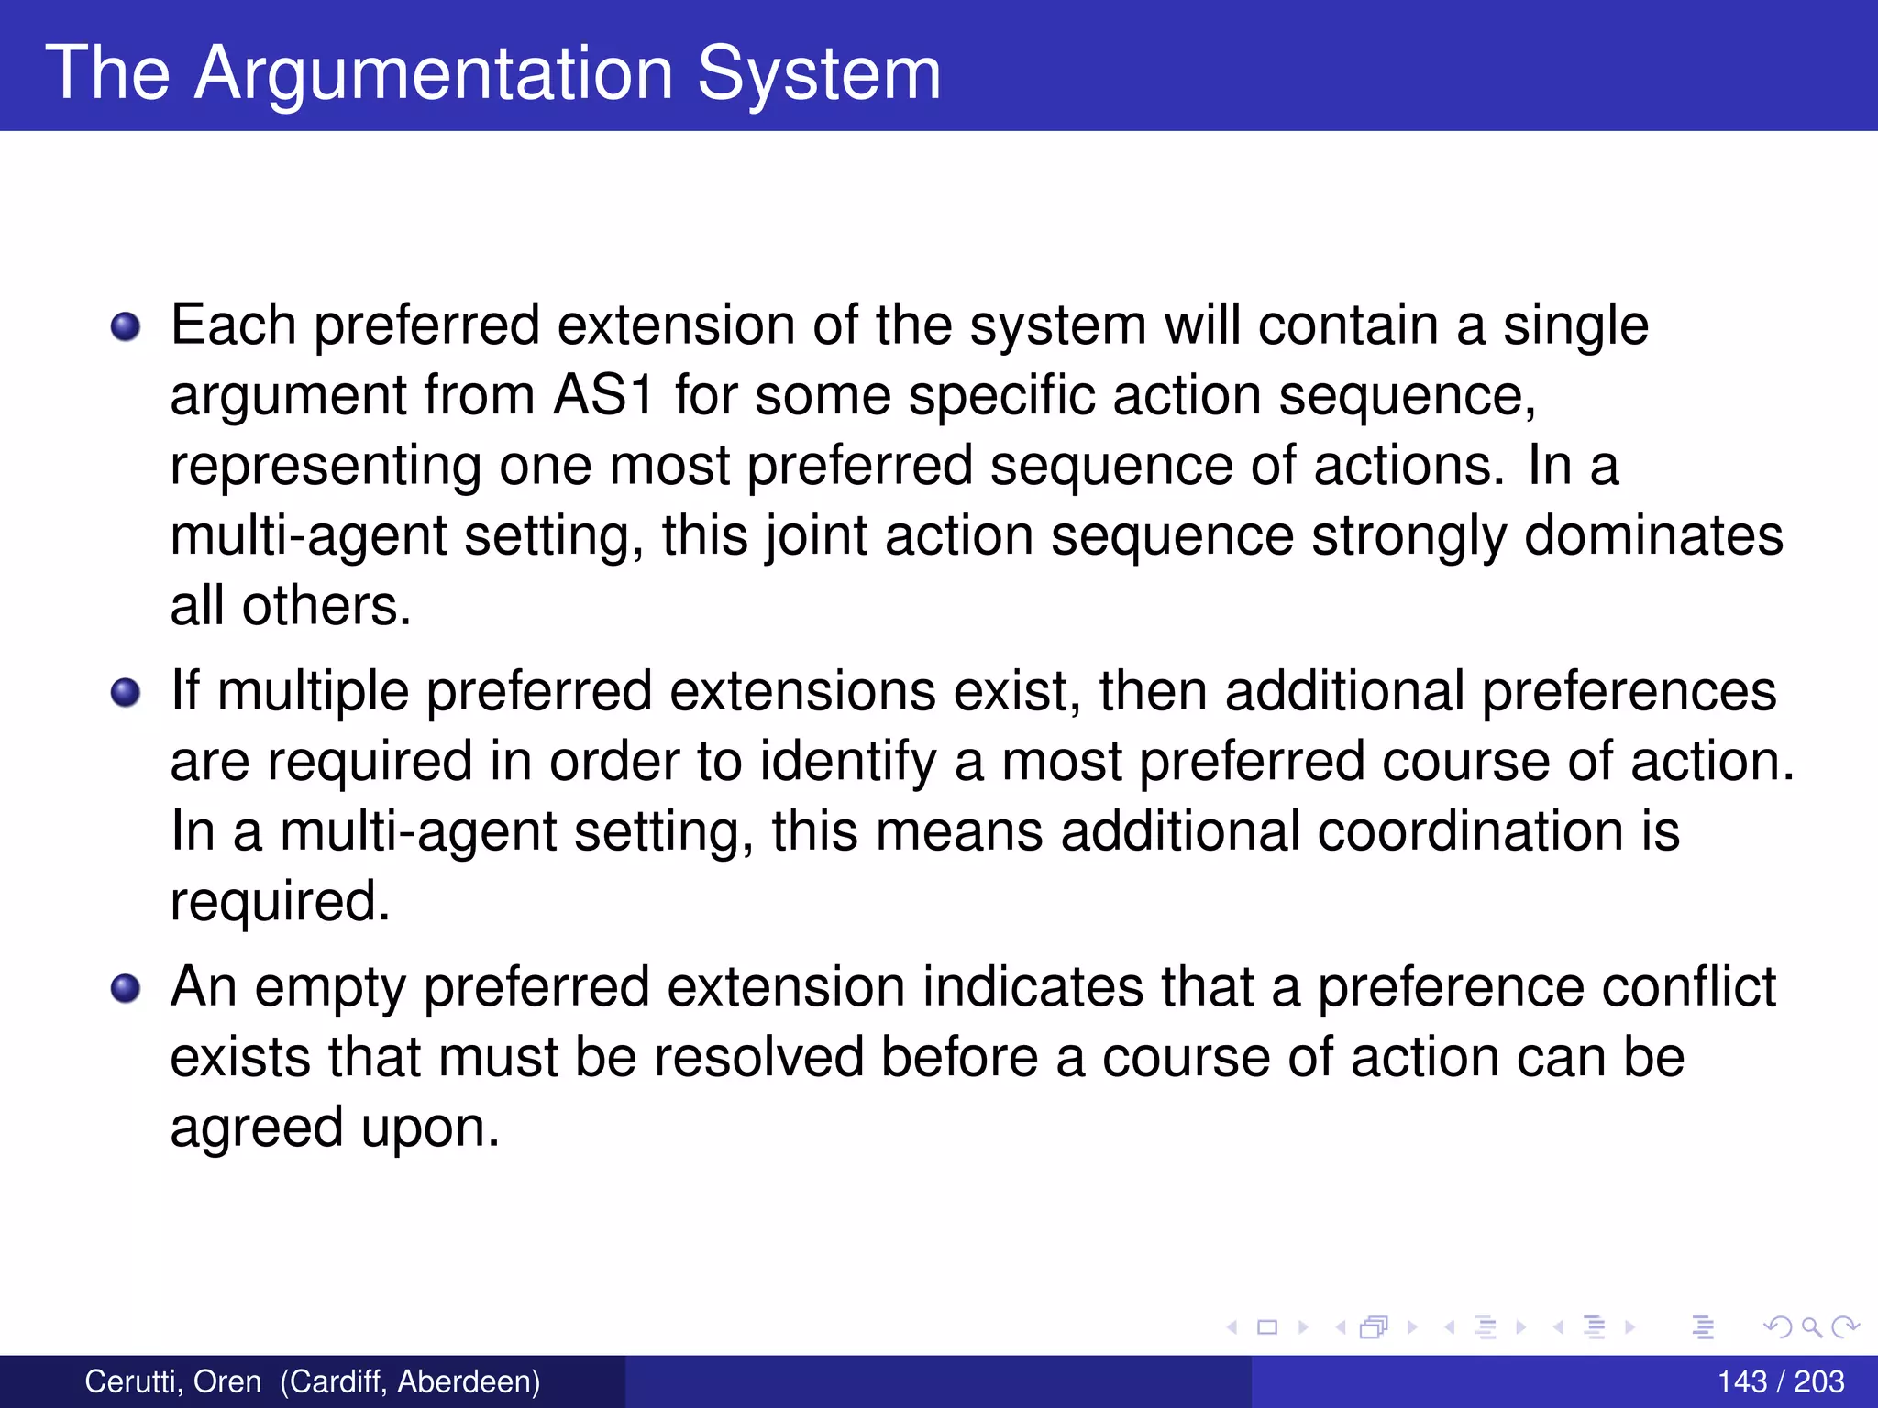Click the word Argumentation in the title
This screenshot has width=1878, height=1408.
coord(435,73)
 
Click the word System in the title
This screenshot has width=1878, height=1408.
coord(819,73)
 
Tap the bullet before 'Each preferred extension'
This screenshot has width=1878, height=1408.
coord(126,326)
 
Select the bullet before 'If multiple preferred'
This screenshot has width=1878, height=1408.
coord(126,692)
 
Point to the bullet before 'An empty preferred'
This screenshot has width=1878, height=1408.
coord(126,988)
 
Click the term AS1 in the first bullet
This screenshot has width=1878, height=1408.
coord(603,396)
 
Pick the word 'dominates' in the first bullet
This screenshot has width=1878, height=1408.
coord(1653,535)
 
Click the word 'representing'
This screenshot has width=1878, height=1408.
coord(326,467)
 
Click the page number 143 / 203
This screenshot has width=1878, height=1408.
coord(1780,1381)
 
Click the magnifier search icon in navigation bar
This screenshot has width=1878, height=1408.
coord(1811,1326)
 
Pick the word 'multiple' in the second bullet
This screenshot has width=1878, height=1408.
coord(313,692)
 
